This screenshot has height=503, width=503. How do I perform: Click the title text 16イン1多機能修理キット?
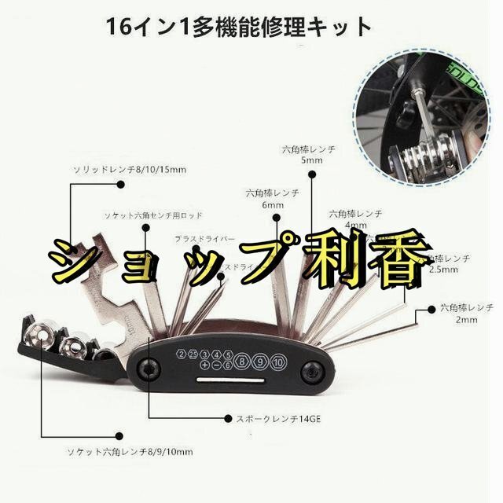[240, 27]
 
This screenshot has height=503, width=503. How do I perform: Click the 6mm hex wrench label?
[273, 198]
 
